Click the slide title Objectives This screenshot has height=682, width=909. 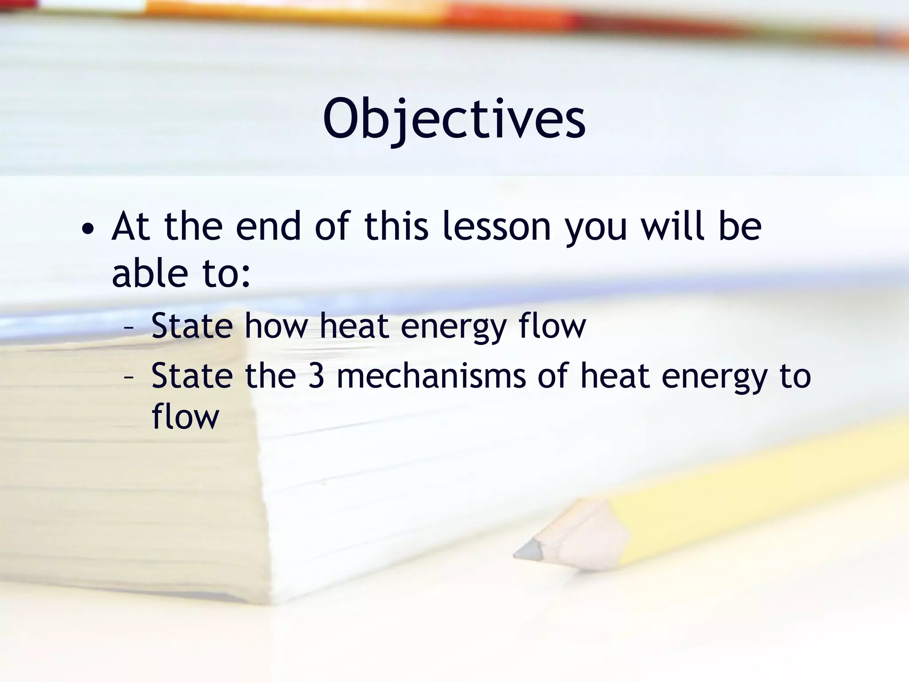[454, 119]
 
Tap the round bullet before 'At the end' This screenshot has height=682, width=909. [88, 230]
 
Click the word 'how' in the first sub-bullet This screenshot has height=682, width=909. [276, 326]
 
